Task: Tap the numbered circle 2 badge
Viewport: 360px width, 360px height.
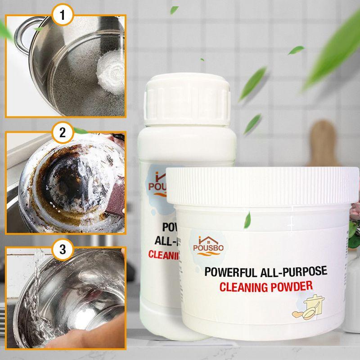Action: pyautogui.click(x=63, y=133)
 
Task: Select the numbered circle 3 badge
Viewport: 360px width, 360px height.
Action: pyautogui.click(x=63, y=248)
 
